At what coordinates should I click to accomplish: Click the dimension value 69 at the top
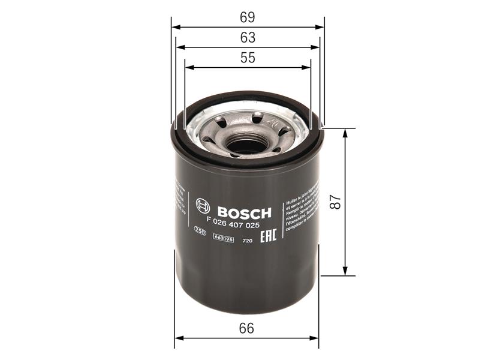tap(248, 16)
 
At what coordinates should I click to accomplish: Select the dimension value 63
tap(248, 37)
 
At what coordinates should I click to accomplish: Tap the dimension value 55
tap(248, 58)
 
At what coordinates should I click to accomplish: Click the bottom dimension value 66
tap(246, 328)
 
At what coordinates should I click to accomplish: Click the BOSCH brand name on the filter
tap(244, 212)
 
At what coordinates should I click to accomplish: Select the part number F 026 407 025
tap(234, 227)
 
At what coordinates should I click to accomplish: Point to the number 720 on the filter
tap(246, 241)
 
